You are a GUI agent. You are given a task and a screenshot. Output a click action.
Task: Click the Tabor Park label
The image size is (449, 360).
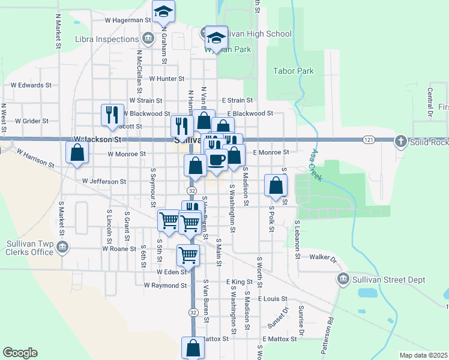click(x=293, y=71)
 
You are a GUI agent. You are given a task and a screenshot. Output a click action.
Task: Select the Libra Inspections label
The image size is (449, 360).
click(x=107, y=40)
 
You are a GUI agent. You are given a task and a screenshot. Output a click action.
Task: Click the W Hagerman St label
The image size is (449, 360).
click(x=128, y=20)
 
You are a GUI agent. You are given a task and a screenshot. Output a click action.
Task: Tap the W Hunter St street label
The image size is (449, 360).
click(x=167, y=79)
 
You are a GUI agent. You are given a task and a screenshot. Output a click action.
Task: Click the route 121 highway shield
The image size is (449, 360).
click(x=369, y=140)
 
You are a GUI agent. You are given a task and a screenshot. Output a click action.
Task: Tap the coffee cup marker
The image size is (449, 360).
click(x=217, y=159)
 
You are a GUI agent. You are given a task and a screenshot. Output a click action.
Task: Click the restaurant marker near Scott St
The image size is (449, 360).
click(x=111, y=114)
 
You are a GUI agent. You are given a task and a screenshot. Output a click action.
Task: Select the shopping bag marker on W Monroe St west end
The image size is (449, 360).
click(x=77, y=153)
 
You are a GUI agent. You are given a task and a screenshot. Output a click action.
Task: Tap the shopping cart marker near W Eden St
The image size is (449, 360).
click(x=188, y=255)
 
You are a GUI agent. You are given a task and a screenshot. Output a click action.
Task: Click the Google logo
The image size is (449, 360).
click(x=20, y=353)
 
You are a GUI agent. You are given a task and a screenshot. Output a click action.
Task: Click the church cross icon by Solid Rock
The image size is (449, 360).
click(x=401, y=141)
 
